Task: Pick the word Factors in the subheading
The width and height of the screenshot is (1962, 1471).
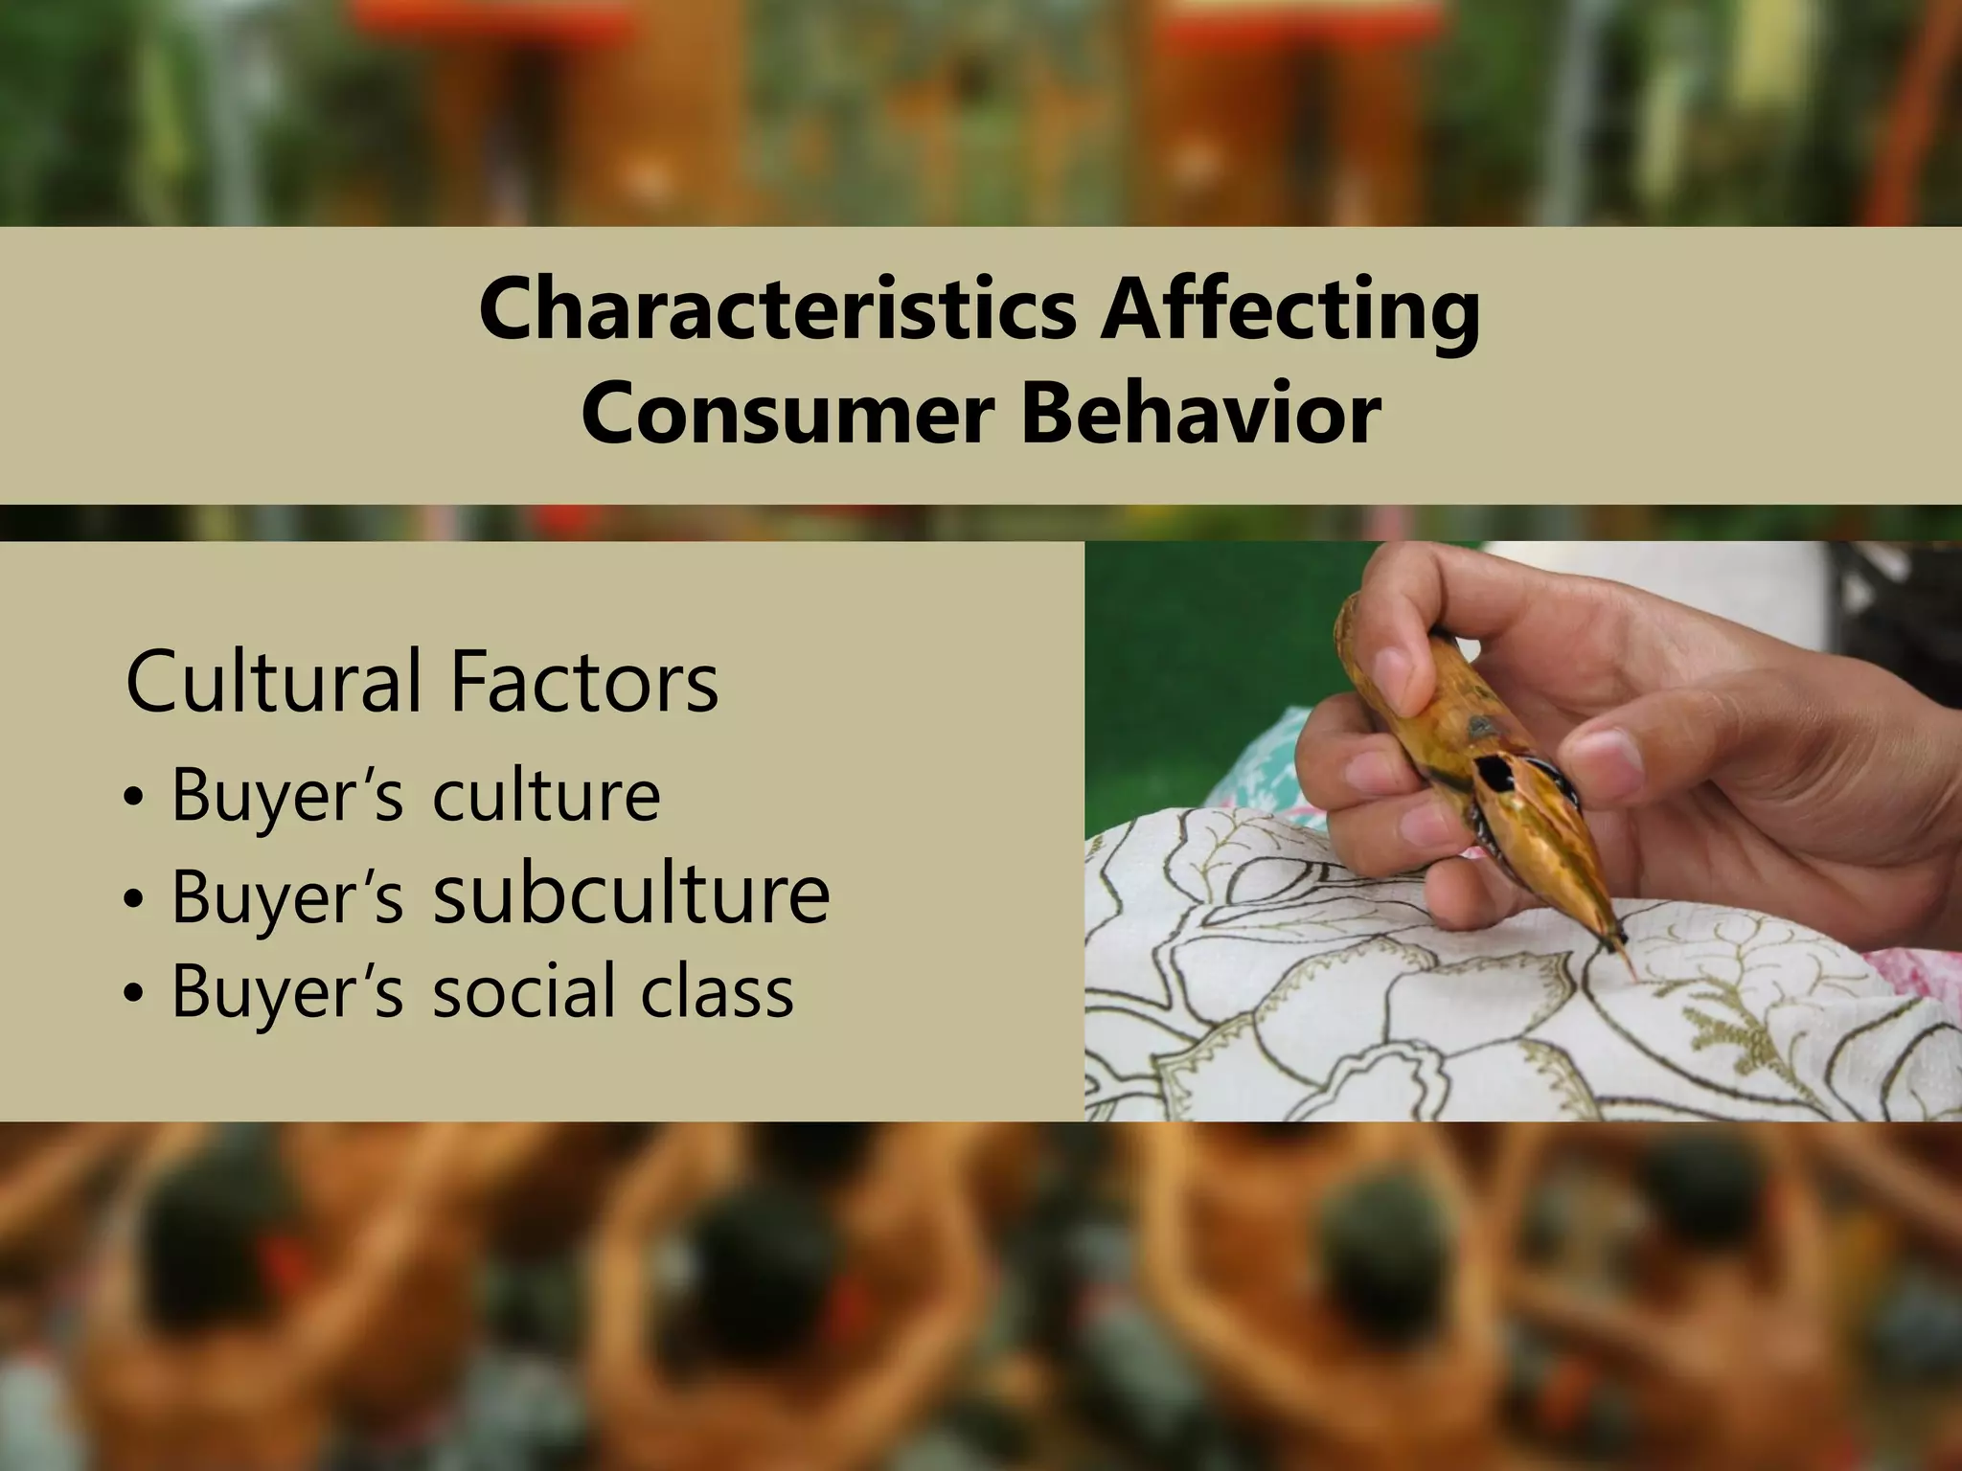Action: (x=582, y=681)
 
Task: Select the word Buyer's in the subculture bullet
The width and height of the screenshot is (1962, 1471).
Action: (x=287, y=896)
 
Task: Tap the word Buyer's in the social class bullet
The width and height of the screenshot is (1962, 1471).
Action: (x=287, y=992)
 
